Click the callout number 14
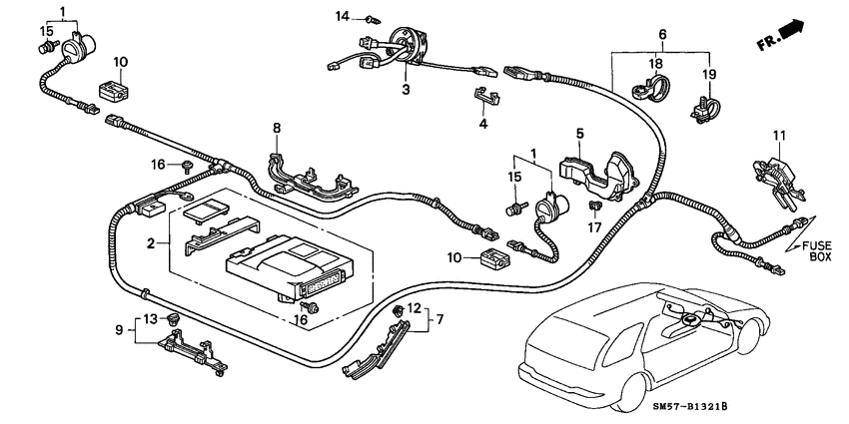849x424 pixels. coord(343,16)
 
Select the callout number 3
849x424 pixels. coord(407,91)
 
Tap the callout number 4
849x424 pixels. coord(482,125)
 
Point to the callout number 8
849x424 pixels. coord(278,128)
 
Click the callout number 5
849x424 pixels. coord(578,134)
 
